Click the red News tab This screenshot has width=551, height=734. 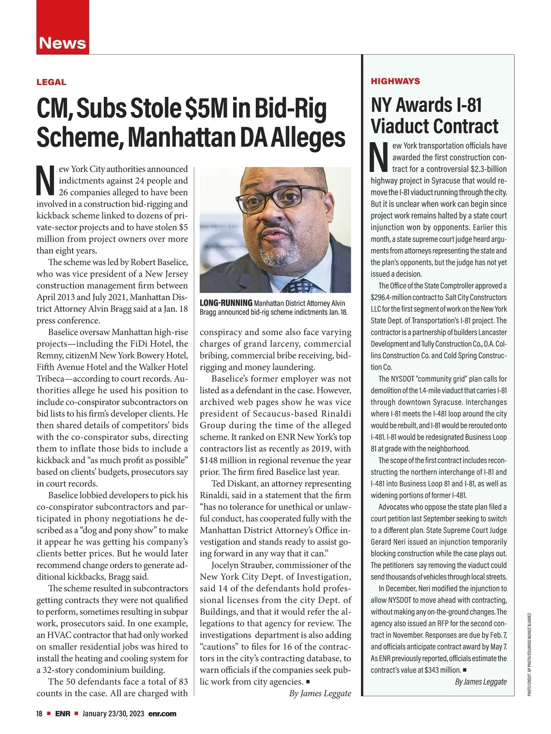pos(62,43)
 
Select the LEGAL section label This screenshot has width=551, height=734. pos(51,82)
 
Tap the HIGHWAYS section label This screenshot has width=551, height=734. pos(395,81)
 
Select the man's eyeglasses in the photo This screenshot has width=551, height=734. pos(274,197)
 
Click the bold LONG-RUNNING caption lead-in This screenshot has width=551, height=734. pos(226,303)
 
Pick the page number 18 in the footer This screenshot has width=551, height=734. pos(39,714)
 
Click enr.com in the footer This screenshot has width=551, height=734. pos(163,714)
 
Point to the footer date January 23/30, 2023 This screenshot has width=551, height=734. pos(113,714)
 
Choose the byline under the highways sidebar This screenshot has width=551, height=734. pos(481,682)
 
